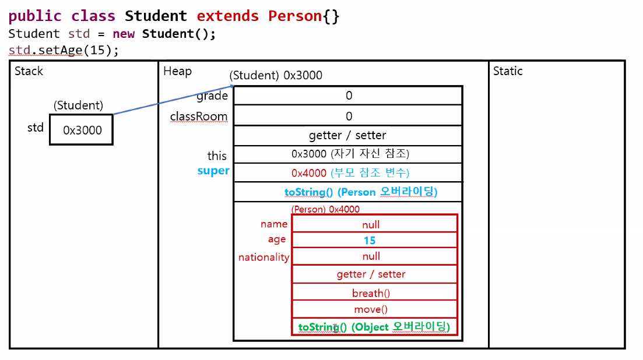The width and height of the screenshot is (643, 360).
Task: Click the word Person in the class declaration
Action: click(x=295, y=16)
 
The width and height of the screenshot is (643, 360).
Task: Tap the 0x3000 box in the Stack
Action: click(x=81, y=130)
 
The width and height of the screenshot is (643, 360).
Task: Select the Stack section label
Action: click(x=29, y=71)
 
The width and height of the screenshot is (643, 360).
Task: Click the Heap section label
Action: click(x=177, y=71)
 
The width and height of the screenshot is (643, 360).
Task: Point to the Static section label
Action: click(x=508, y=71)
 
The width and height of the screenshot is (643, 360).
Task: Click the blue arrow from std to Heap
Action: click(x=173, y=98)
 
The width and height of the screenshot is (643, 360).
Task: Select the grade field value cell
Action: click(x=348, y=96)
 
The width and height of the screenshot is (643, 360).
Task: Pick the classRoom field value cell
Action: click(x=348, y=116)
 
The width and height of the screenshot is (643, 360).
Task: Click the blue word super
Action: click(x=213, y=171)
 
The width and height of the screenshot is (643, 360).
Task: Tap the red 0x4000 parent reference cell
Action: click(x=348, y=173)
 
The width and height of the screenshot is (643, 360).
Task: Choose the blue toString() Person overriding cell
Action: click(x=360, y=192)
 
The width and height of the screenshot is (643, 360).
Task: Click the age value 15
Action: click(x=370, y=240)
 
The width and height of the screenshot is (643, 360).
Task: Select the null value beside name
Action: click(x=371, y=224)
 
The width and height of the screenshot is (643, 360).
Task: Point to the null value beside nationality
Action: click(x=371, y=256)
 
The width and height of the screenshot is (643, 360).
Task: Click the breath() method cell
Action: click(x=371, y=293)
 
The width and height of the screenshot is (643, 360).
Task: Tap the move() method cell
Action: click(x=371, y=309)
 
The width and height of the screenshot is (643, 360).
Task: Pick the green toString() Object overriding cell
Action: click(x=374, y=327)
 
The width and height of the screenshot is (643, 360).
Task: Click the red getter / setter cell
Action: click(x=371, y=274)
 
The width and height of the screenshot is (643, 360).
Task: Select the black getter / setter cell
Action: click(x=347, y=135)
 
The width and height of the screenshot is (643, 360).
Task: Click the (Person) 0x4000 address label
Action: click(x=325, y=209)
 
